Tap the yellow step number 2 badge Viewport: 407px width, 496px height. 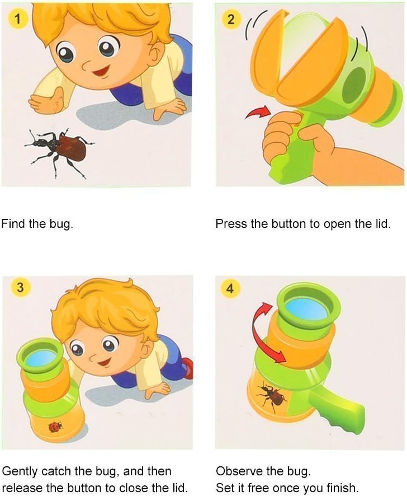[x=231, y=20]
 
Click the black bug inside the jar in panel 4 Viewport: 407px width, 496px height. [x=272, y=395]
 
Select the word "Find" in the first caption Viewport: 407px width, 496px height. [x=13, y=224]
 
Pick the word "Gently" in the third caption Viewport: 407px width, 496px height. [x=19, y=471]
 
